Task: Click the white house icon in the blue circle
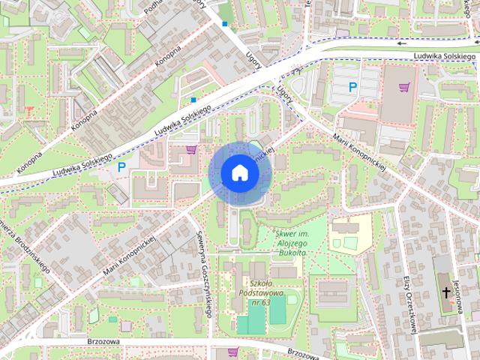(x=239, y=172)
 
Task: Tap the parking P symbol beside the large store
(x=352, y=88)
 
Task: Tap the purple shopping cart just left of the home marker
(x=191, y=148)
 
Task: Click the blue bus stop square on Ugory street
(x=224, y=23)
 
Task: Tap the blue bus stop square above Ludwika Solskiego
(x=193, y=99)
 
